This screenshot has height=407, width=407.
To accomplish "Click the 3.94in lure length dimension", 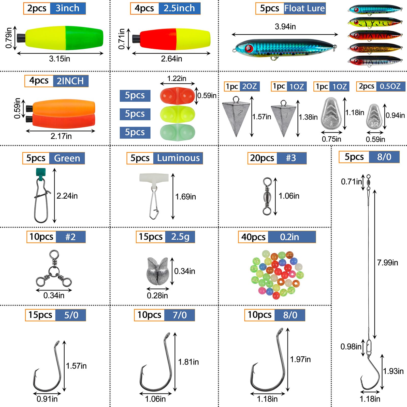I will [x=285, y=27].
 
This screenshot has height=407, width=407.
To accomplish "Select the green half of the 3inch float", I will [x=84, y=38].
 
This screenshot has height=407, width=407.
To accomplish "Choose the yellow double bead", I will [x=177, y=114].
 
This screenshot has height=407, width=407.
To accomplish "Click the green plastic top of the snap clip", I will [x=41, y=172].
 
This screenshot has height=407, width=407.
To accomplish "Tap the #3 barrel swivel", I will [x=267, y=196].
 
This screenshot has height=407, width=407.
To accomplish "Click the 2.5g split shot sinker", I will [x=157, y=271].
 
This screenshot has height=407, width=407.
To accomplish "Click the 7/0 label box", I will [x=180, y=315].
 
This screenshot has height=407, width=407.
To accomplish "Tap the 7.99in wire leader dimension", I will [x=387, y=263].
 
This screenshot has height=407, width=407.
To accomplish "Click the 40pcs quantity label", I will [x=253, y=237].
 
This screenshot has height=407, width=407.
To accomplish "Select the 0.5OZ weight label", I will [x=390, y=86].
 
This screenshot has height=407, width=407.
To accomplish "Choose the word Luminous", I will [x=178, y=158].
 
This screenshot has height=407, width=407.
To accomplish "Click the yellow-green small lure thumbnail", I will [x=375, y=23].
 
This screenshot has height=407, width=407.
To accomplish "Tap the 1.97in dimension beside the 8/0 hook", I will [x=300, y=359].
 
